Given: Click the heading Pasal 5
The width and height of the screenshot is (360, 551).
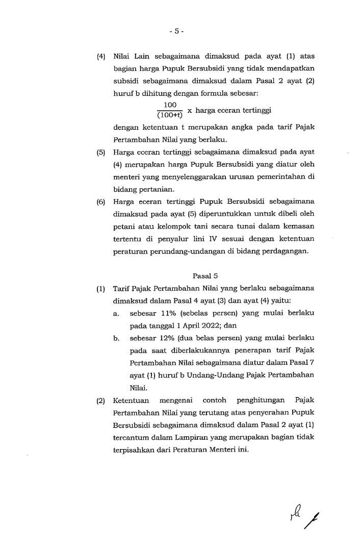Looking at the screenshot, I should coord(201,275).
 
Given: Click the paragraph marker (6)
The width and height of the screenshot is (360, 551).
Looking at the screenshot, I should coord(101,202).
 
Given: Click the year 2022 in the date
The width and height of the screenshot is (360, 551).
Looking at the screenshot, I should coord(211,325).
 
